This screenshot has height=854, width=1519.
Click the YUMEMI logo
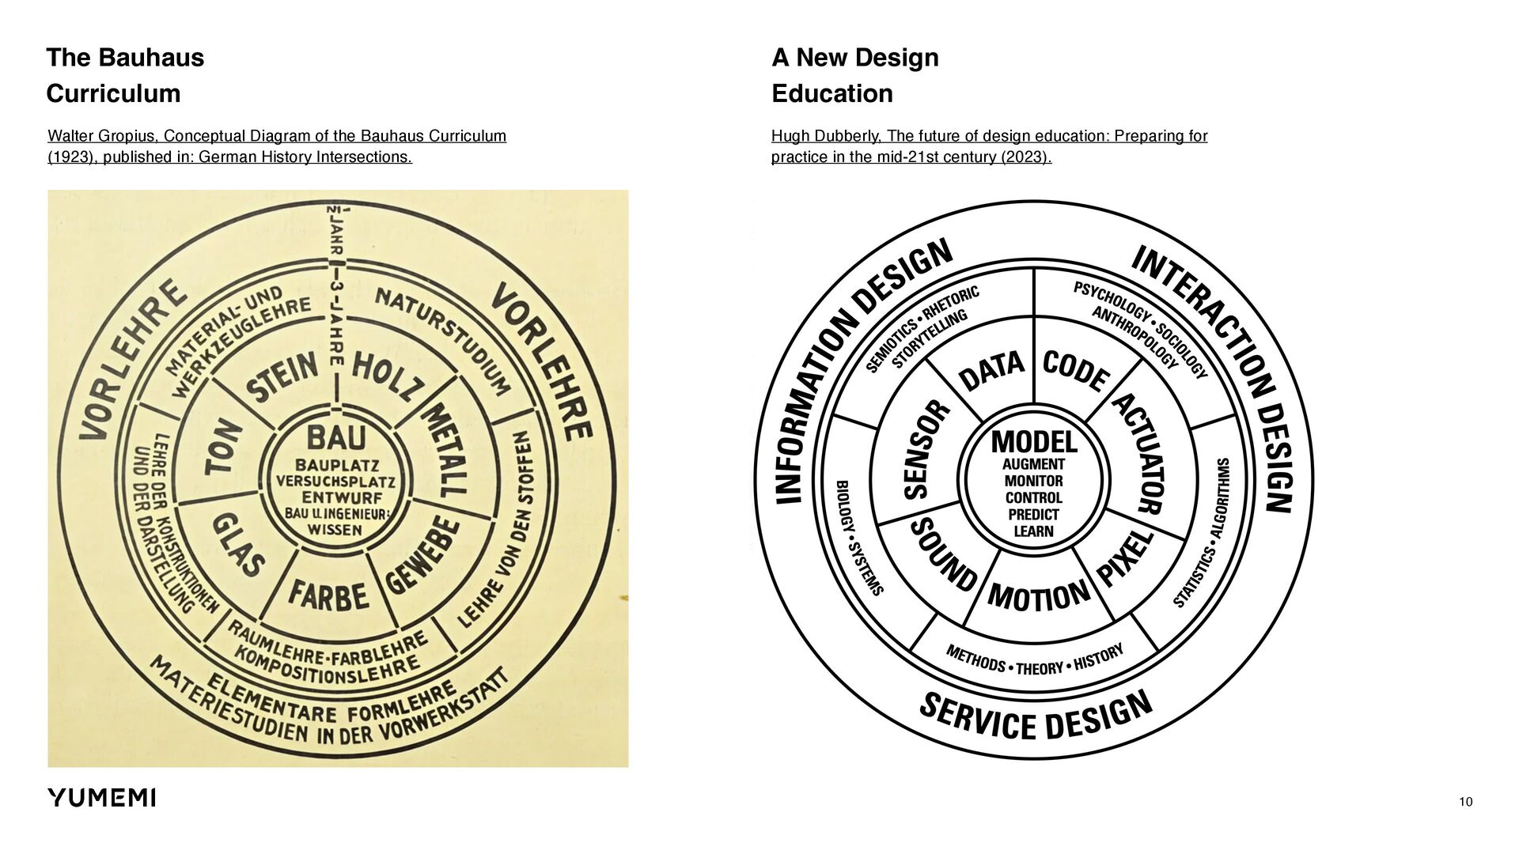(x=101, y=798)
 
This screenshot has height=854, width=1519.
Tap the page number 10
(x=1465, y=803)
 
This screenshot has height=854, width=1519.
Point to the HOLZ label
(x=382, y=375)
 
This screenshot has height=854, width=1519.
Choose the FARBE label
(x=328, y=595)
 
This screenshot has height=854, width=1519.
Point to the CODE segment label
(x=1075, y=372)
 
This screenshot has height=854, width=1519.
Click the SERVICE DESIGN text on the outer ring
(x=1035, y=716)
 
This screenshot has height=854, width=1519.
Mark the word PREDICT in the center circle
(x=1033, y=515)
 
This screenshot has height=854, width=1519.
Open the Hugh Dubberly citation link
(x=989, y=146)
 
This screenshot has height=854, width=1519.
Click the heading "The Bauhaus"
(x=125, y=58)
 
